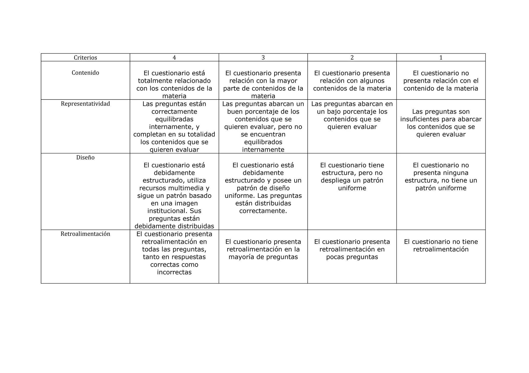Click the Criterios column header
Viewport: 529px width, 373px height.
coord(85,57)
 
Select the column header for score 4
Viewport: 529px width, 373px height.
coord(174,57)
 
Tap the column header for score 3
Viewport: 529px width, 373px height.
coord(263,57)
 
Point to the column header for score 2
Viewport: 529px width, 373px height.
coord(352,57)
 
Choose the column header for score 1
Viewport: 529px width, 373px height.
coord(441,57)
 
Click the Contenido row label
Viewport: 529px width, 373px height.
coord(85,73)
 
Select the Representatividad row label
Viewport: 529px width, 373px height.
coord(85,104)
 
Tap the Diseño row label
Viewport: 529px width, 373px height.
coord(85,158)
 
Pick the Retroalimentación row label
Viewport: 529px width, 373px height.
coord(85,234)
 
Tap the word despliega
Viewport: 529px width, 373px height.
coord(334,180)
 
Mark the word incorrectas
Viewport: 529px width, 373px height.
coord(174,272)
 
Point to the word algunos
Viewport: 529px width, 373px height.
coord(372,81)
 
